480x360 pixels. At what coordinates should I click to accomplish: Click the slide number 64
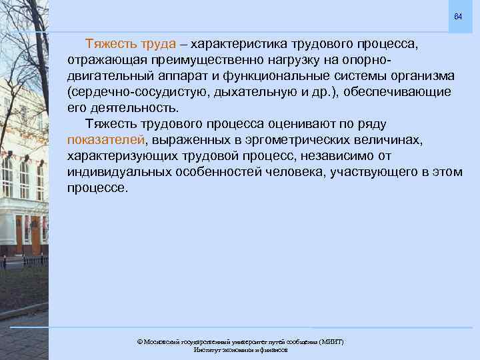tap(457, 16)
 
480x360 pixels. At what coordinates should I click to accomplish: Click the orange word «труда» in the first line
tap(158, 44)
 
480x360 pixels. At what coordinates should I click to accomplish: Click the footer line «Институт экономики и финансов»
tap(240, 349)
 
